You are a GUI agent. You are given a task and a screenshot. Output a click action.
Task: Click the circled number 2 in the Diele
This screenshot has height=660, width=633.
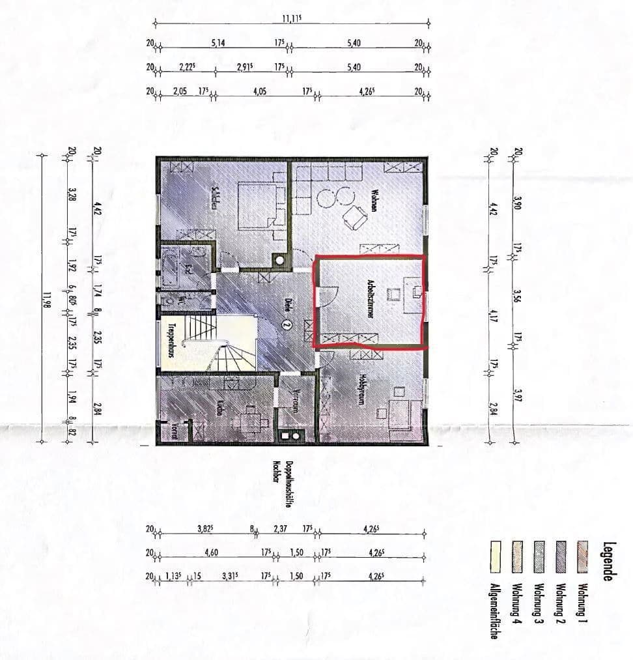pos(287,323)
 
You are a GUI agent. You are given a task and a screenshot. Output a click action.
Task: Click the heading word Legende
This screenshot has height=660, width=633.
pos(608,561)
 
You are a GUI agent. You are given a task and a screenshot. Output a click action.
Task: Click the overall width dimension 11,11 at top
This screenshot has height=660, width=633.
pos(291,18)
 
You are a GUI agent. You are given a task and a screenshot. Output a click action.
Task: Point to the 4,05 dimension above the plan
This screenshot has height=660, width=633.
pos(260,92)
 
